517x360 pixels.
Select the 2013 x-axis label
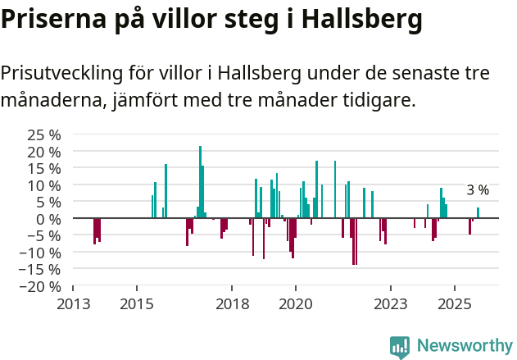pyautogui.click(x=73, y=304)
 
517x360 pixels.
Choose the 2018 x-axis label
pyautogui.click(x=232, y=304)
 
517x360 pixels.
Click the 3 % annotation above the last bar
pyautogui.click(x=478, y=190)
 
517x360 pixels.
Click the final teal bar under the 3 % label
pyautogui.click(x=478, y=213)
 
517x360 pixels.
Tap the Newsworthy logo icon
pyautogui.click(x=400, y=347)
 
